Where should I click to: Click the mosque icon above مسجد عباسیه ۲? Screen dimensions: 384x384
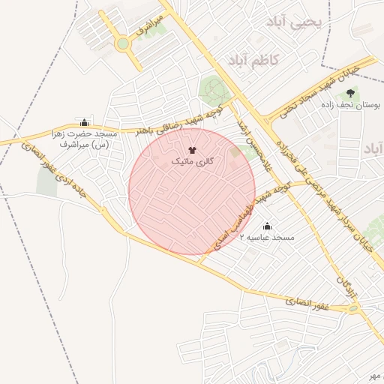[x=267, y=226]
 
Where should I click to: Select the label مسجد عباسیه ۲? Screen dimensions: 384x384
[x=267, y=238]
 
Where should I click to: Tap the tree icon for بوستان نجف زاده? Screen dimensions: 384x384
[x=351, y=94]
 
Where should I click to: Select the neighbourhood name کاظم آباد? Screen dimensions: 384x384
[x=253, y=59]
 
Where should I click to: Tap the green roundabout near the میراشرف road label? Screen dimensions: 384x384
[x=122, y=43]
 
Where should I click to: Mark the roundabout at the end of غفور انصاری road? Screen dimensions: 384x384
[x=353, y=307]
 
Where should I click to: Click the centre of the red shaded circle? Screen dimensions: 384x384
[x=192, y=191]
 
